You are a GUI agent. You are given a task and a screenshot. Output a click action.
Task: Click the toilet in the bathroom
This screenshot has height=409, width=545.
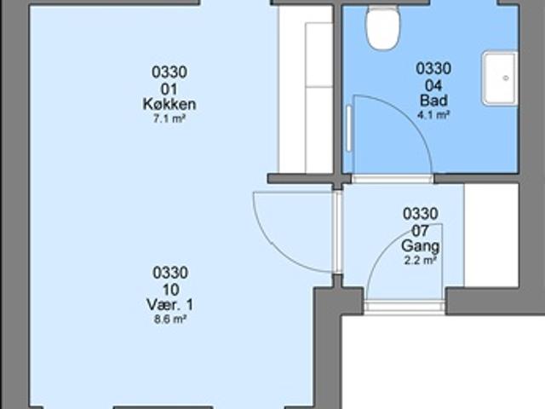(383, 28)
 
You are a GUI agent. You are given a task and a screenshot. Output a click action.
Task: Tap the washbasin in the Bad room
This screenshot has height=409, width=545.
(500, 78)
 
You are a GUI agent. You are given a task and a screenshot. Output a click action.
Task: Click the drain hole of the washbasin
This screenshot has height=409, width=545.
(506, 78)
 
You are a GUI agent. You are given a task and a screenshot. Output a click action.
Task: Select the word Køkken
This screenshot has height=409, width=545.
(169, 104)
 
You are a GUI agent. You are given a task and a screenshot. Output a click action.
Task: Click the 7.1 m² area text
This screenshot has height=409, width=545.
(169, 119)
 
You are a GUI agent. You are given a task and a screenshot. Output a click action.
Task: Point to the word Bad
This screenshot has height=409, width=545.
(433, 101)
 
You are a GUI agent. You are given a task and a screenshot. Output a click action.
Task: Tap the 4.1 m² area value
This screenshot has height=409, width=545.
(433, 115)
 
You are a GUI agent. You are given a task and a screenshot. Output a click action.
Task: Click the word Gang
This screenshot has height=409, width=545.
(420, 246)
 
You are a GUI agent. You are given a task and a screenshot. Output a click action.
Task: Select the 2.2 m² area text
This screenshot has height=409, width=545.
(420, 260)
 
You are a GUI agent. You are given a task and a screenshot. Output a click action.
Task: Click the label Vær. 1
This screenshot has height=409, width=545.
(169, 305)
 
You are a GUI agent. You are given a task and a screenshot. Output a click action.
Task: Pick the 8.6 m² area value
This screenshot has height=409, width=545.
(169, 320)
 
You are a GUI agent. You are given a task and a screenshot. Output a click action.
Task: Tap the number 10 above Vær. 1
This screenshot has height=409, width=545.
(170, 290)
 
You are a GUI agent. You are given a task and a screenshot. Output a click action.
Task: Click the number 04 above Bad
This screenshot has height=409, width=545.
(433, 85)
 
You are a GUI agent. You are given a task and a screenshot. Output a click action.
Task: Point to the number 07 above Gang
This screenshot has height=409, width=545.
(420, 230)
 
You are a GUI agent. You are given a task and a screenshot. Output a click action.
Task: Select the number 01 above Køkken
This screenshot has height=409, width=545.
(169, 89)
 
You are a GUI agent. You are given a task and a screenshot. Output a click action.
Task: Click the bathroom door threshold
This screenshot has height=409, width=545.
(393, 179)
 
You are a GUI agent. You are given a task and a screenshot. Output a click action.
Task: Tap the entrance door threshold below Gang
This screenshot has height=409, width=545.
(404, 307)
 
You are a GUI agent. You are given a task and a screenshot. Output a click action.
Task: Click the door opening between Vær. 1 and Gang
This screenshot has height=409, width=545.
(337, 233)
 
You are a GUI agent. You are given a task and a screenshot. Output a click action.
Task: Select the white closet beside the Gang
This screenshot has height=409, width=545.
(491, 235)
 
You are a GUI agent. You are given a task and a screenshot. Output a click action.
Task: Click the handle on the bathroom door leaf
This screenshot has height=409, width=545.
(349, 129)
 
